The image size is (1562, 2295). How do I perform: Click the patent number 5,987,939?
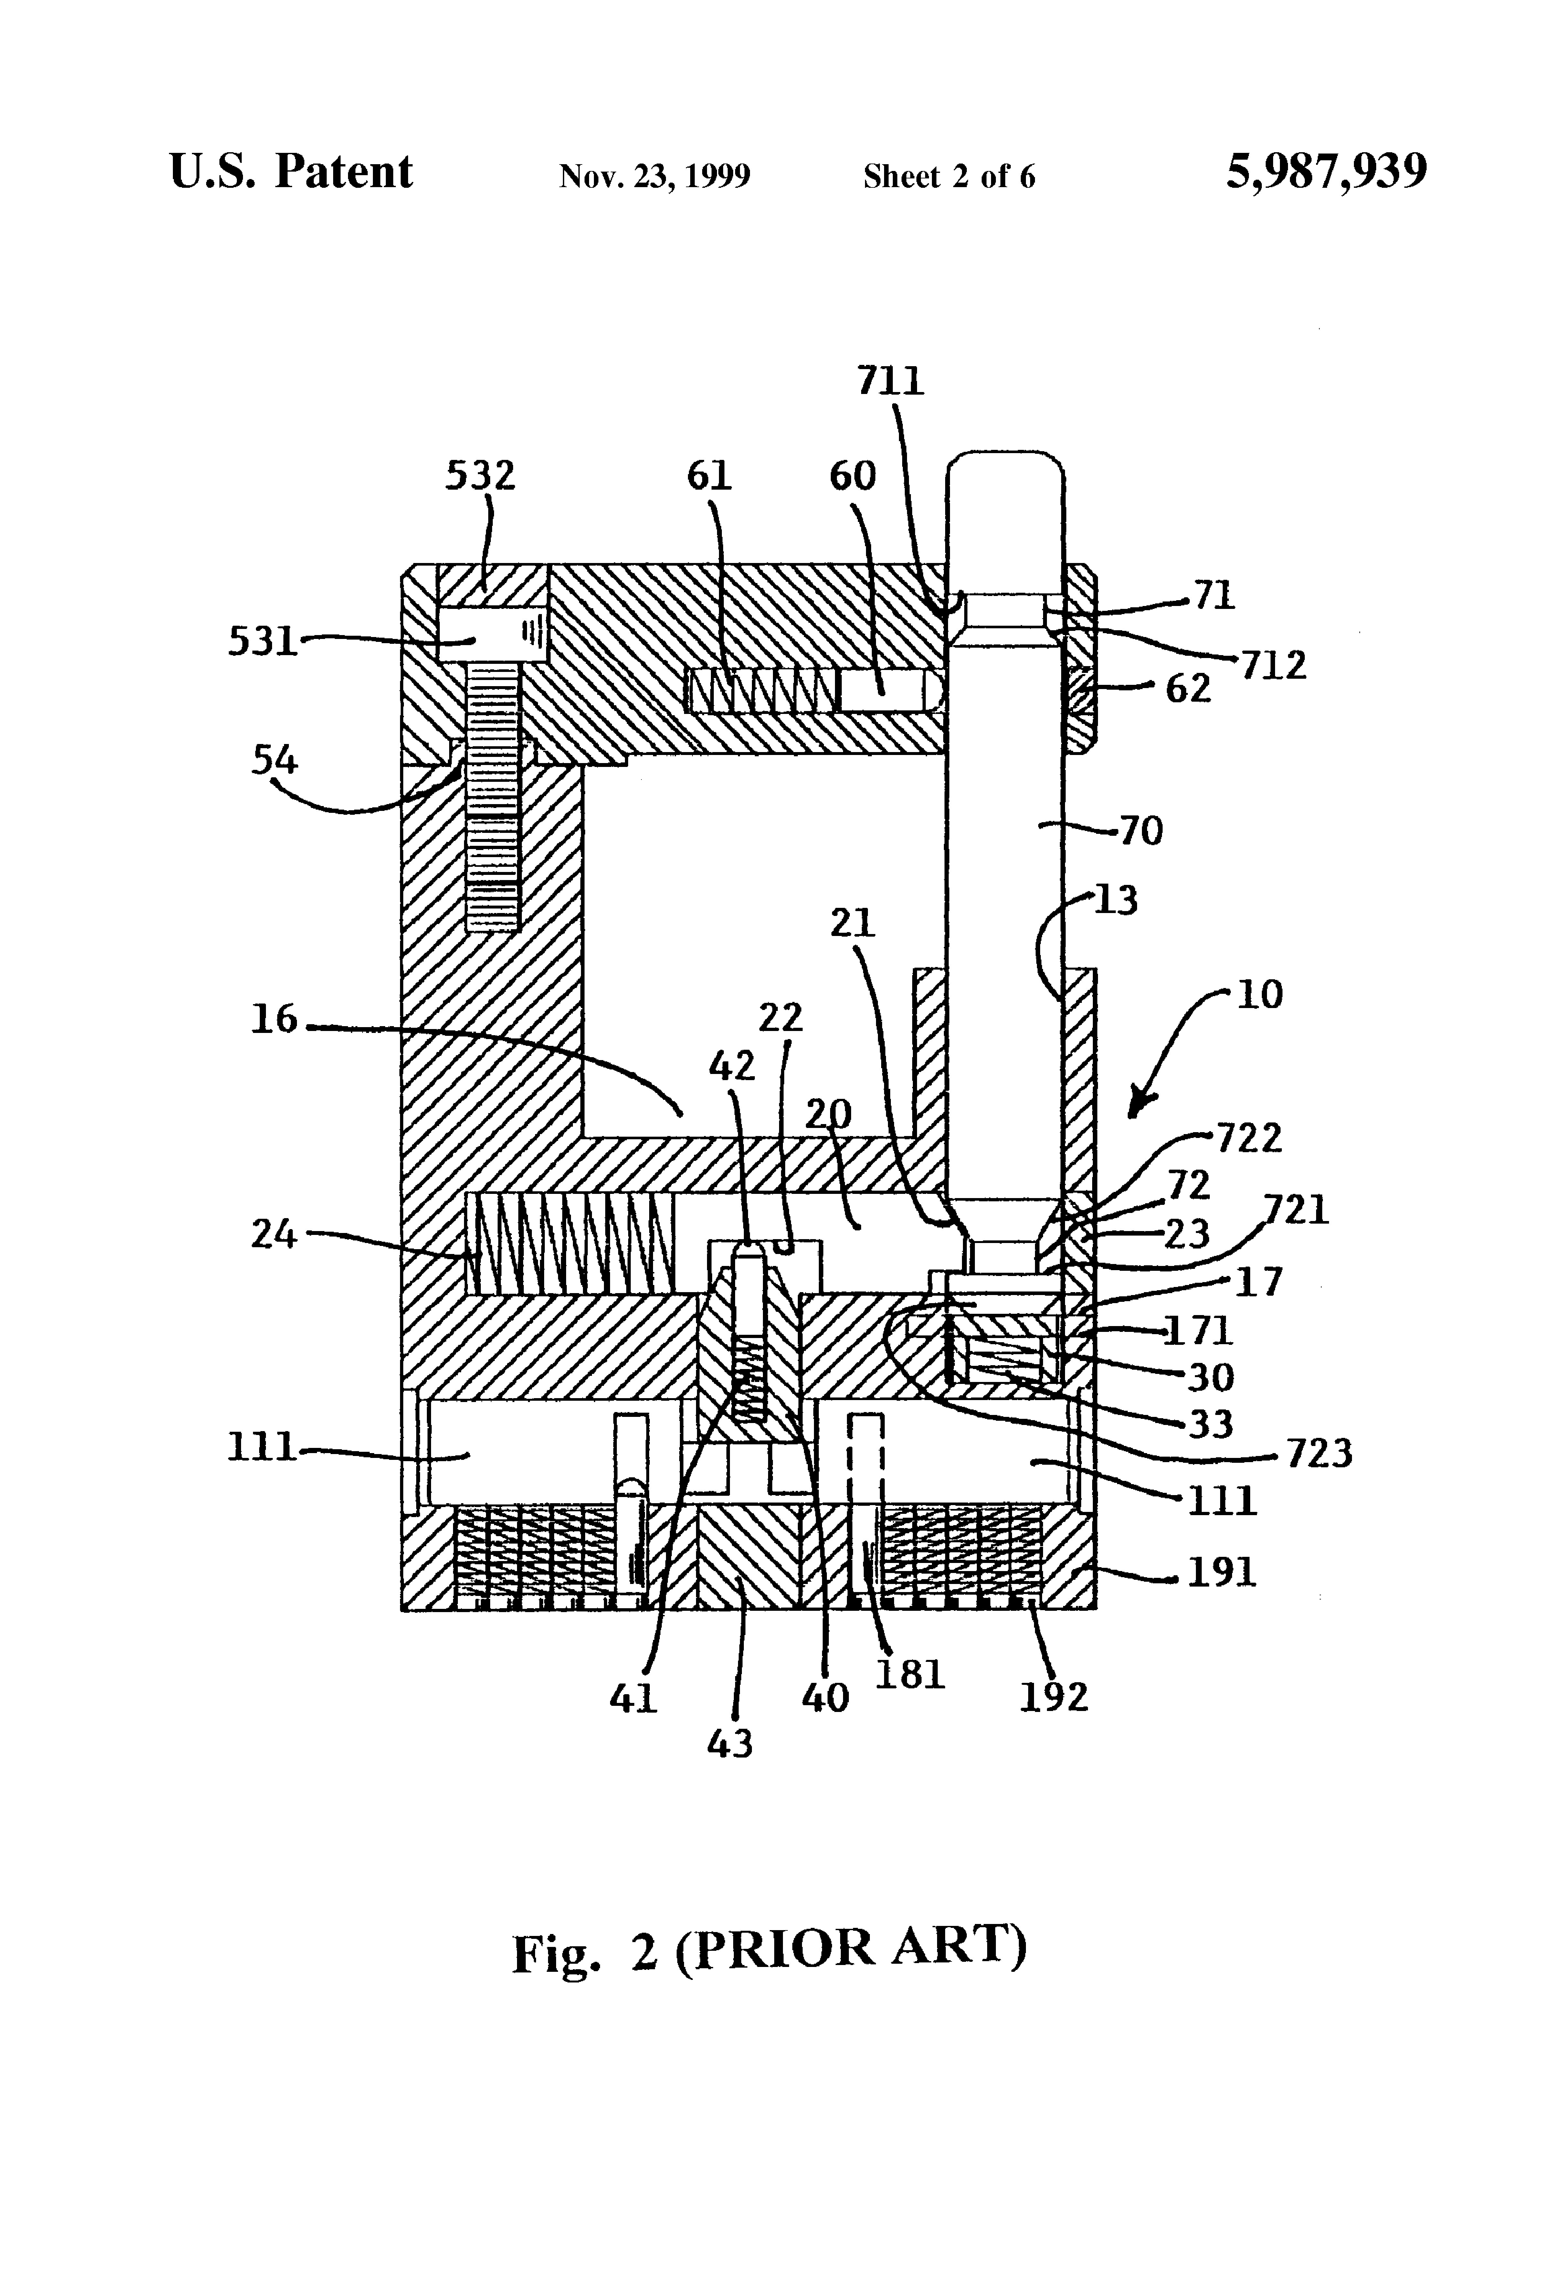tap(1326, 172)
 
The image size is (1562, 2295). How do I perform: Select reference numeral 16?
tap(273, 1018)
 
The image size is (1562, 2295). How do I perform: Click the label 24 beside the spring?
tap(273, 1233)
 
